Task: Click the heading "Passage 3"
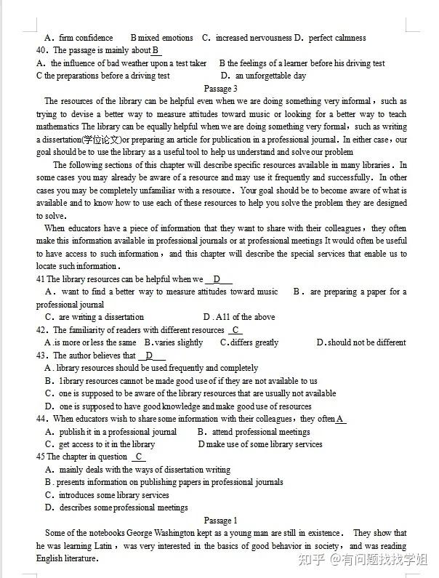pyautogui.click(x=220, y=89)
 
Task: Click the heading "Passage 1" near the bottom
pyautogui.click(x=220, y=521)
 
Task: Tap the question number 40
pyautogui.click(x=41, y=50)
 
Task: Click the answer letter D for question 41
pyautogui.click(x=217, y=279)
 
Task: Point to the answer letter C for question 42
pyautogui.click(x=237, y=330)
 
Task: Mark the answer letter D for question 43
pyautogui.click(x=150, y=356)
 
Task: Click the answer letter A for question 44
pyautogui.click(x=339, y=419)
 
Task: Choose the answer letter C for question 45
pyautogui.click(x=139, y=457)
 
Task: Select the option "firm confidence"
pyautogui.click(x=86, y=38)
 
